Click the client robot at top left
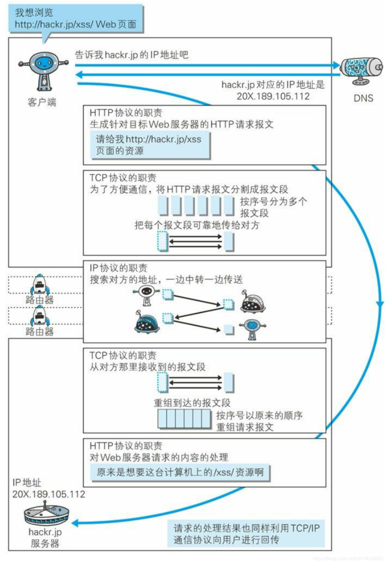[44, 70]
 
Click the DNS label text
[363, 98]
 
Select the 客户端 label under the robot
[42, 102]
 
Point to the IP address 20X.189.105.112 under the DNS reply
[273, 96]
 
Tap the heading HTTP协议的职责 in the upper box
[126, 113]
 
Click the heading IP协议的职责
[118, 268]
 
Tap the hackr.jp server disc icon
[46, 515]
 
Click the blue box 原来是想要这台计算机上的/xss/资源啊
[180, 472]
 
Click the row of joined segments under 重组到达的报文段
[184, 418]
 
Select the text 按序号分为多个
[273, 202]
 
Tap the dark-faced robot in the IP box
[146, 294]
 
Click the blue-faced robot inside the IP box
[252, 328]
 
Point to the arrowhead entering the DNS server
[336, 65]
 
